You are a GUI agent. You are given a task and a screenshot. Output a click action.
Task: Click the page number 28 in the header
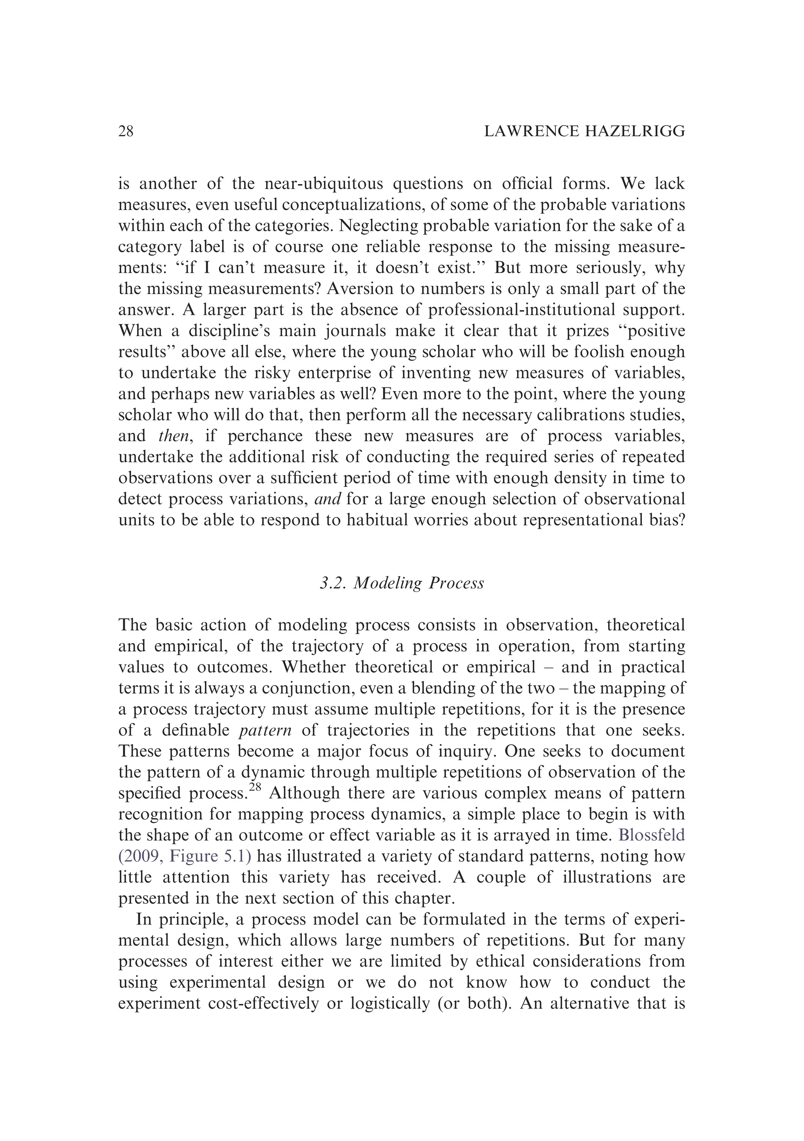[x=126, y=131]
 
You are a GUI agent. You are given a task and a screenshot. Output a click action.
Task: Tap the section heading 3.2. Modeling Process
[x=402, y=583]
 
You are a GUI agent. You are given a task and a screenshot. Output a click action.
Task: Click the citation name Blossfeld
[x=651, y=836]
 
